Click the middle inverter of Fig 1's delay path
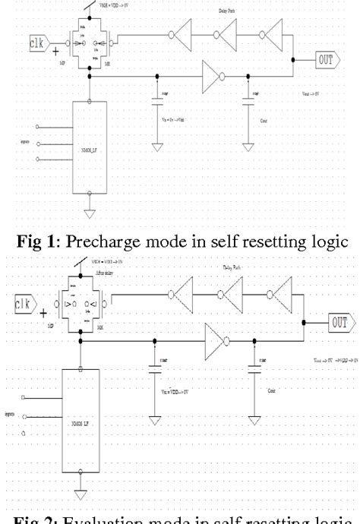pyautogui.click(x=226, y=35)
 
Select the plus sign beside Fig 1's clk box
pyautogui.click(x=55, y=51)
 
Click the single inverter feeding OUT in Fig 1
pyautogui.click(x=211, y=76)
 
